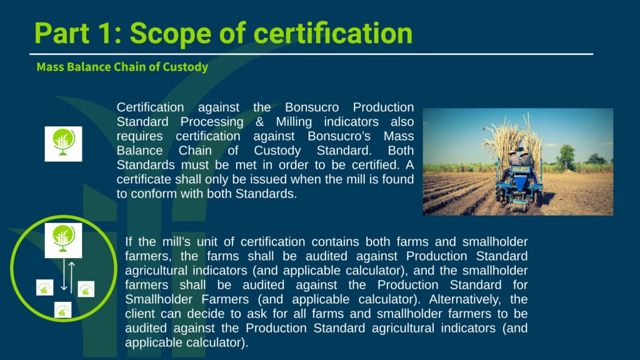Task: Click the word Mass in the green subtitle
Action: pos(50,66)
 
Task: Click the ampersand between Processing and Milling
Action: pos(259,122)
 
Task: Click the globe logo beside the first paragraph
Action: pos(63,144)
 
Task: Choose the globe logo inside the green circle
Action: pos(63,241)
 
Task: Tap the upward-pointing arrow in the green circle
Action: pos(72,277)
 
